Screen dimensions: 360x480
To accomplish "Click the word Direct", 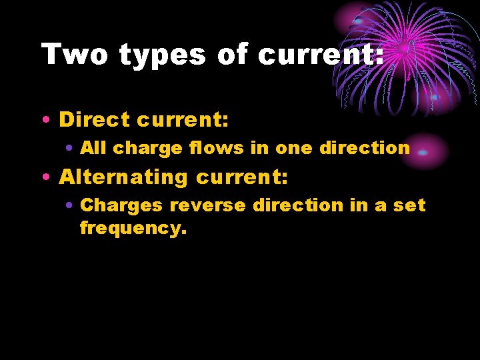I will click(x=95, y=120).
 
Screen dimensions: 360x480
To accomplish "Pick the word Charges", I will click(x=121, y=205).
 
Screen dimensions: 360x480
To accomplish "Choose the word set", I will click(x=409, y=205).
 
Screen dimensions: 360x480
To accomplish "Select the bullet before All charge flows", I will click(x=69, y=148).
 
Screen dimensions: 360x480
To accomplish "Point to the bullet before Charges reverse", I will click(x=69, y=205).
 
